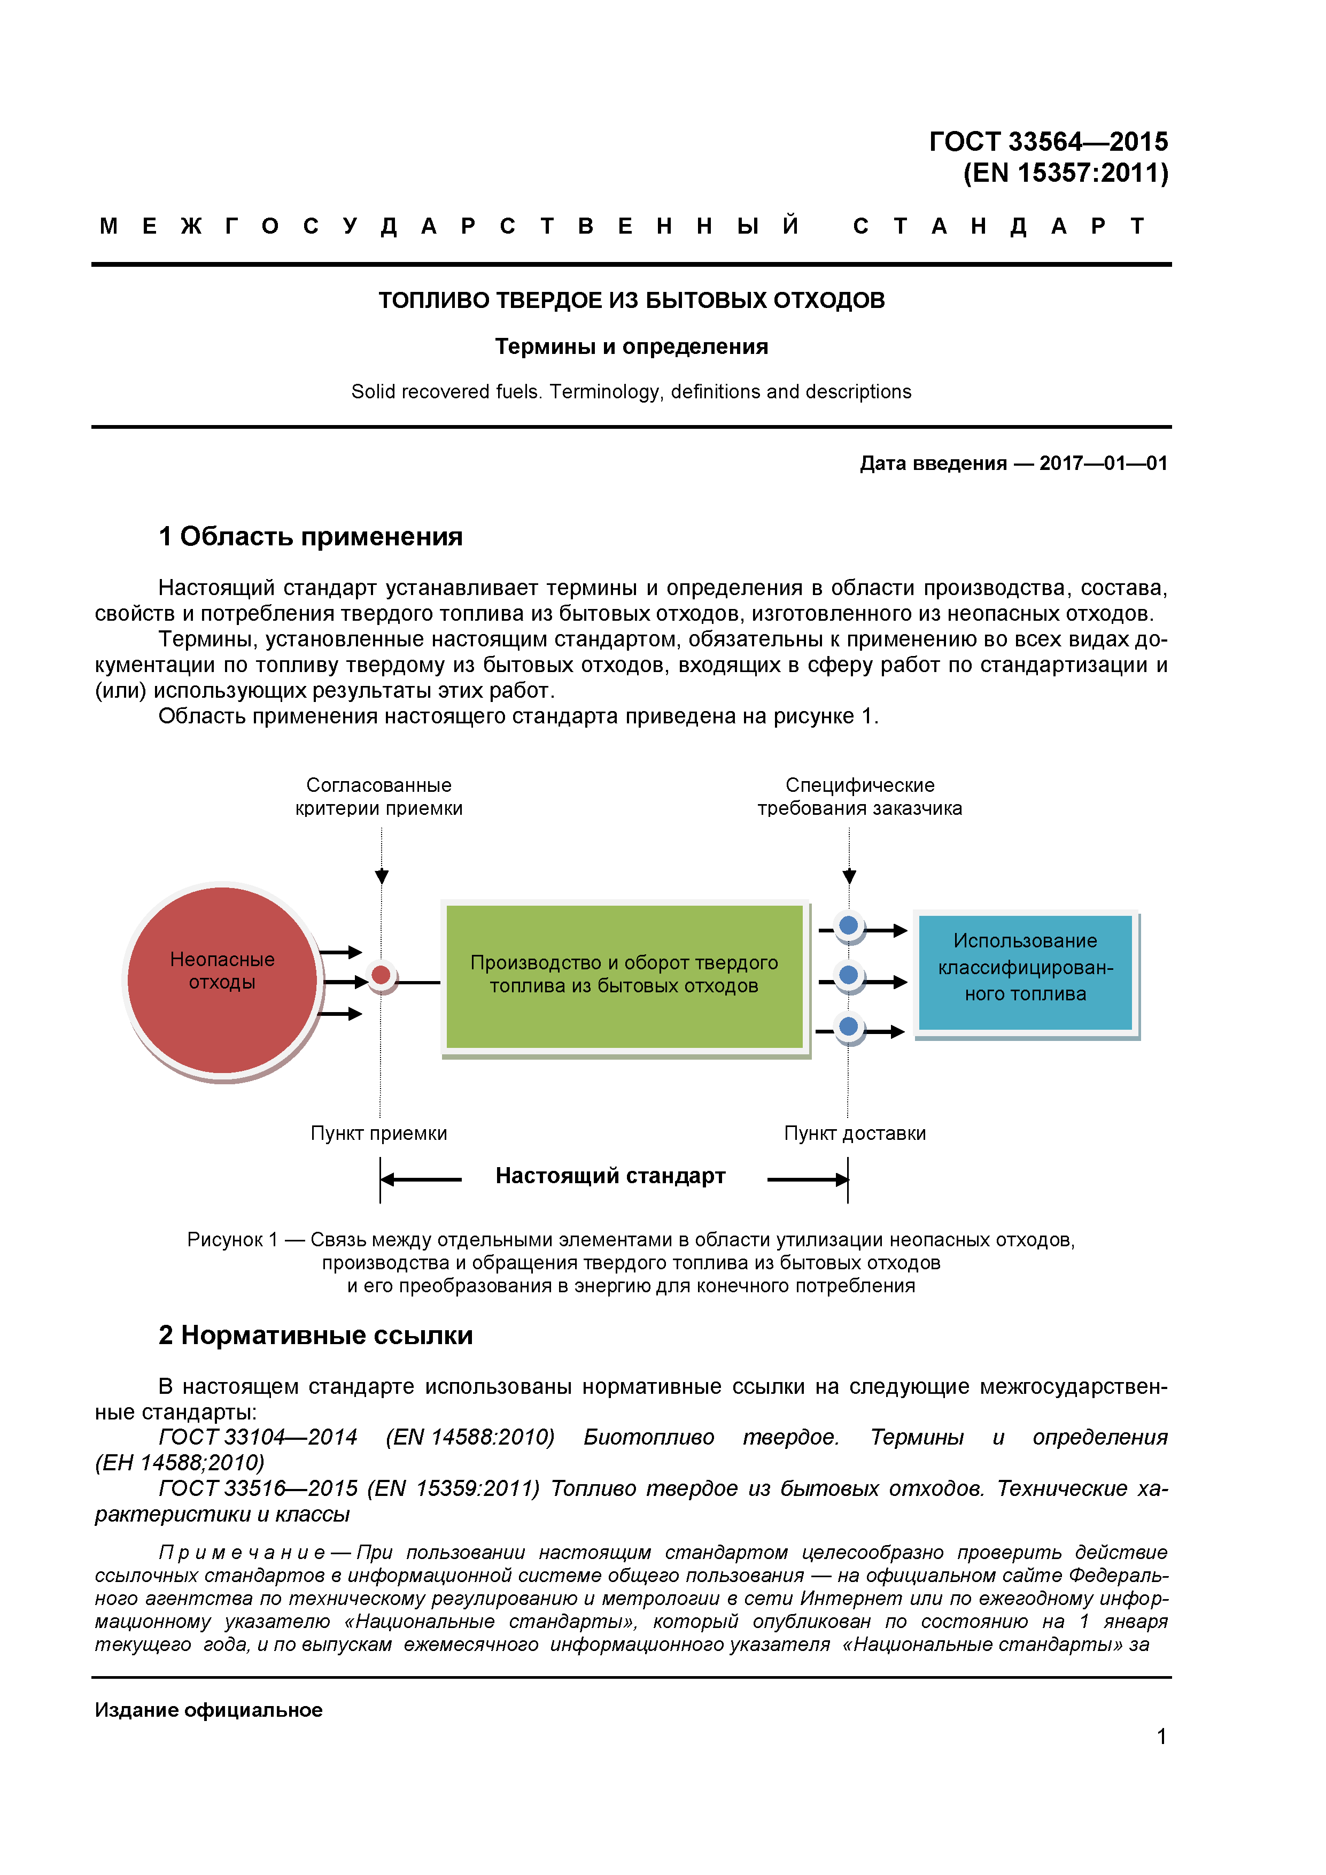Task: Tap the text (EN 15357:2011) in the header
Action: click(1066, 173)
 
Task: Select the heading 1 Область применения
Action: click(311, 537)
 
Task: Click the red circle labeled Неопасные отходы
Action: click(222, 980)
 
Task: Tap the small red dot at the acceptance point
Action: click(381, 975)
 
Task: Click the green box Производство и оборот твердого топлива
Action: click(625, 975)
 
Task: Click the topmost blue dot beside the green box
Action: click(849, 926)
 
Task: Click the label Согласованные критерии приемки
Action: click(379, 796)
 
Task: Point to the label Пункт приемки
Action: click(379, 1133)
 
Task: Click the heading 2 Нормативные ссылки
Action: click(315, 1334)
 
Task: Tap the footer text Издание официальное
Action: click(208, 1709)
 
